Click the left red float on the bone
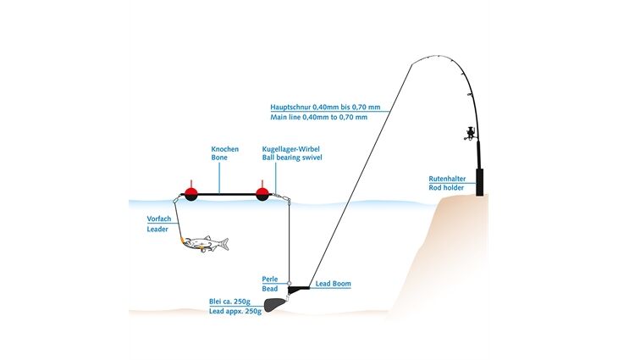tap(190, 193)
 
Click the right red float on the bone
tap(262, 193)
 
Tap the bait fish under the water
tap(205, 244)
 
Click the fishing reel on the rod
tap(470, 133)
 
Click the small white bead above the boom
tap(289, 283)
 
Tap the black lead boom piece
tap(299, 290)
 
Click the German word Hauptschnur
tap(290, 107)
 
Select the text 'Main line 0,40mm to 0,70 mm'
tap(319, 117)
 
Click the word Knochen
tap(224, 149)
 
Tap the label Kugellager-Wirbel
tap(291, 149)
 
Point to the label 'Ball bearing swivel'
tap(292, 158)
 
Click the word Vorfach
tap(159, 219)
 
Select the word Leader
tap(157, 229)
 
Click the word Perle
tap(270, 280)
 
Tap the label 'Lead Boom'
tap(333, 284)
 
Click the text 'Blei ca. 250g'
tap(229, 302)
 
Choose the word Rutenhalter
tap(447, 179)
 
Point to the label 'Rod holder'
tap(446, 188)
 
